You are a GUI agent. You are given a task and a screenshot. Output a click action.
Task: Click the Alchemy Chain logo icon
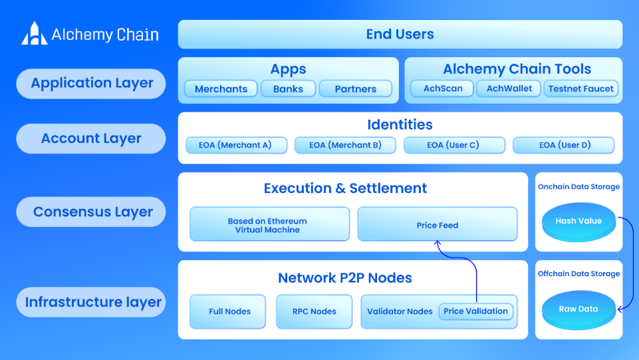point(34,33)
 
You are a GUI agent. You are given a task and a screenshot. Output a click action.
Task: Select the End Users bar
point(400,34)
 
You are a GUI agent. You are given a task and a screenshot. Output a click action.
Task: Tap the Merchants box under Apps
point(221,89)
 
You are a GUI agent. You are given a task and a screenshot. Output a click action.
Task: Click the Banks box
point(288,89)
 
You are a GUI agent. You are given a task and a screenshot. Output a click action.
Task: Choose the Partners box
point(355,89)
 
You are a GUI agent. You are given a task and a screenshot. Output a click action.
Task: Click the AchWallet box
point(509,89)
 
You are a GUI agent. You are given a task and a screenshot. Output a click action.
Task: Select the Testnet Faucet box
point(580,89)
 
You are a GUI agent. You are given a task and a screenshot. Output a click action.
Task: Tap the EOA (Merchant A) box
point(236,145)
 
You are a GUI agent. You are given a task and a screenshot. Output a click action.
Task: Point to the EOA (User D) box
point(564,145)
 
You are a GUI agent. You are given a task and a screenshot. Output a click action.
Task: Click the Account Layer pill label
point(91,138)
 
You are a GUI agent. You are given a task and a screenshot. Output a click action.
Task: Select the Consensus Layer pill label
point(91,212)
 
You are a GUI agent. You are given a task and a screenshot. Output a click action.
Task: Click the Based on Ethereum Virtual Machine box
point(269,224)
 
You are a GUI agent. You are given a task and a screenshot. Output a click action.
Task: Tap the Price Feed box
point(438,224)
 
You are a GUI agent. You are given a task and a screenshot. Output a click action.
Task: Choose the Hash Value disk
point(578,222)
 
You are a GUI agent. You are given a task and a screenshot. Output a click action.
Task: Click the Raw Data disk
point(578,310)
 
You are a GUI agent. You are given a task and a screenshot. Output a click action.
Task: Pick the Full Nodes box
point(228,311)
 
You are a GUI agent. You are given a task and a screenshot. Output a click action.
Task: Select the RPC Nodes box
point(315,311)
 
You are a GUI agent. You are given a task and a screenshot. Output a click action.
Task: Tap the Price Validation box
point(475,311)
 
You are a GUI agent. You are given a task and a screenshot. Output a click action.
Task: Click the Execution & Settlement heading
point(345,188)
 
